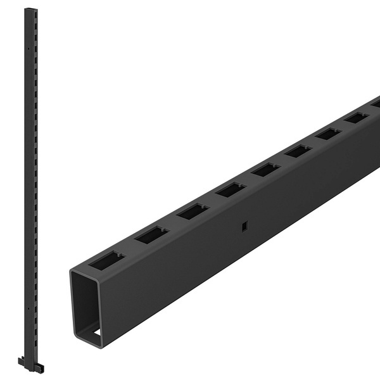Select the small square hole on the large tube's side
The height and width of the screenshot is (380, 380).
[x=243, y=227]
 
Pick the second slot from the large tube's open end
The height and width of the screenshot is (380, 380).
[x=151, y=234]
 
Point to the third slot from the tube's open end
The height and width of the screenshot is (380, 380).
[x=193, y=211]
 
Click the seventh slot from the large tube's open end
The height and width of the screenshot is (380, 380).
[x=328, y=133]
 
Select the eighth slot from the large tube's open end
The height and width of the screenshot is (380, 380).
[x=356, y=117]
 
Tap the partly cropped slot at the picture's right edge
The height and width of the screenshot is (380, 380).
[x=376, y=103]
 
